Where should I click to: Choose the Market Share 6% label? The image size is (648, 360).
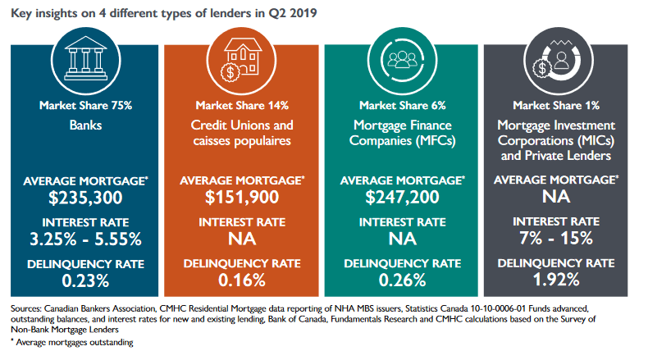(401, 106)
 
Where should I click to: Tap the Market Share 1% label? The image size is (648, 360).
(560, 106)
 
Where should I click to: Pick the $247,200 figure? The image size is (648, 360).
(401, 197)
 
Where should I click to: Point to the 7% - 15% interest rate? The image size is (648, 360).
(560, 239)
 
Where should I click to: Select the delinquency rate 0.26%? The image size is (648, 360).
(401, 280)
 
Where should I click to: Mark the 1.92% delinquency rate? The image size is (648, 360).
(560, 280)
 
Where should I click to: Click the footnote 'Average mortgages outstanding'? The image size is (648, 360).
(74, 342)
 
